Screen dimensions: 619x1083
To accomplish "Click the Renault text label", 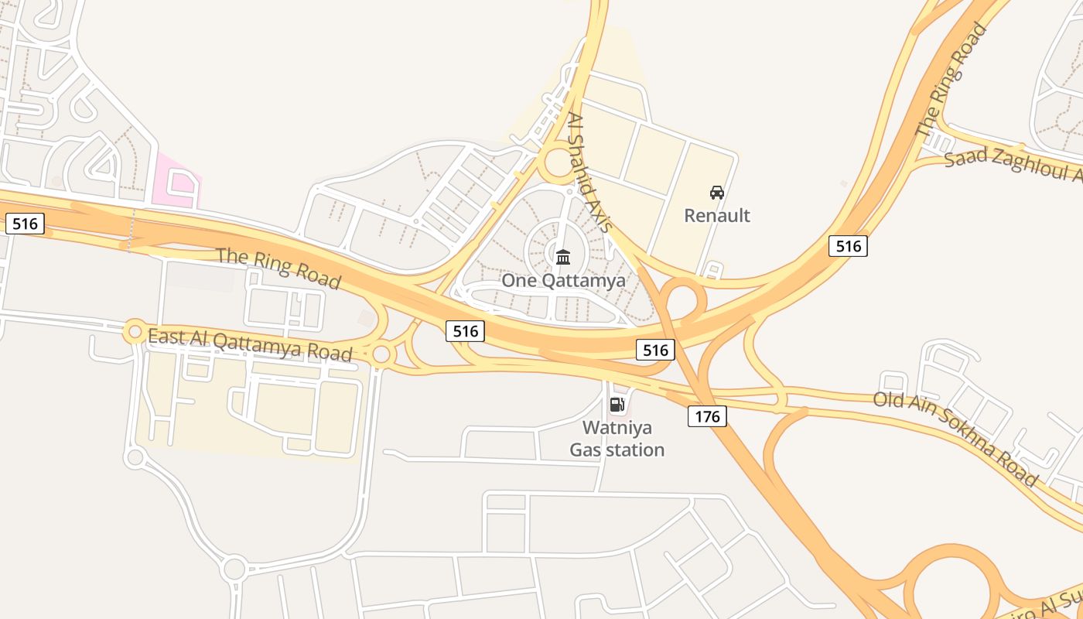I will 717,215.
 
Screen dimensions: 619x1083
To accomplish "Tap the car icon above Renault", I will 717,192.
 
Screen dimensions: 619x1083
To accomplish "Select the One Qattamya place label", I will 563,280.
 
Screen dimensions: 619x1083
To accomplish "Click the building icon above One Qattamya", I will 563,256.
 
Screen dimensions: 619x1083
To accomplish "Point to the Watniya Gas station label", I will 617,438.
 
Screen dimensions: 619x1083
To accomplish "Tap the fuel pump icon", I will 617,404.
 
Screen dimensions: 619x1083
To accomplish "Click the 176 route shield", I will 707,417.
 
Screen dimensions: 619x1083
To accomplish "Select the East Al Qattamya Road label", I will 249,344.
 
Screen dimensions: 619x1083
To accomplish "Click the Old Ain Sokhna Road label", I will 955,437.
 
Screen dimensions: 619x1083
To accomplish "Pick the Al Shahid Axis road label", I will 589,172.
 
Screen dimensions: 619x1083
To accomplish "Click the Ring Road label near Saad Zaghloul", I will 951,80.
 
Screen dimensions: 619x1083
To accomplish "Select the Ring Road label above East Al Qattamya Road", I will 278,267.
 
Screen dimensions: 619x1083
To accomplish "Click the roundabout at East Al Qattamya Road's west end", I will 135,333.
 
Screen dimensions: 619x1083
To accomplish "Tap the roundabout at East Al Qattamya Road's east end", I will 381,354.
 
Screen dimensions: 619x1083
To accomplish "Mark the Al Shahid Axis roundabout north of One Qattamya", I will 559,164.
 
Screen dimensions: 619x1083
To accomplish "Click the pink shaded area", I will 176,182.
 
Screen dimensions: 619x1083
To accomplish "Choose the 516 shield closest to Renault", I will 848,246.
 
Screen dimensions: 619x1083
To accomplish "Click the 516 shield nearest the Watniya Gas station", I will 655,350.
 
